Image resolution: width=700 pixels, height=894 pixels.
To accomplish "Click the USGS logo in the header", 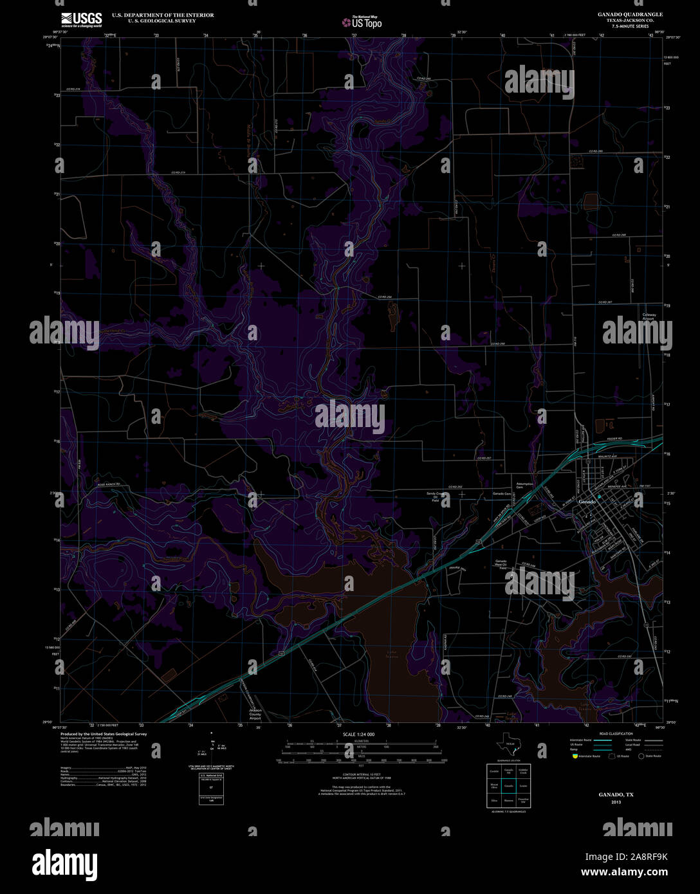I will pos(81,19).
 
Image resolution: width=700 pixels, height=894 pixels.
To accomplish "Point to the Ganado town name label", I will pos(587,501).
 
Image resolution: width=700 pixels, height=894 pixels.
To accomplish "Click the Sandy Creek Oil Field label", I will pos(436,497).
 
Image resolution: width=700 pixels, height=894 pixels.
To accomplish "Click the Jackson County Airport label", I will pos(255,713).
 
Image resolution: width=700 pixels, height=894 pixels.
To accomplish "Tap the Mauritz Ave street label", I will pos(609,457).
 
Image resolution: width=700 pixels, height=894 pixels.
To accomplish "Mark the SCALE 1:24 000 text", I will pos(359,734).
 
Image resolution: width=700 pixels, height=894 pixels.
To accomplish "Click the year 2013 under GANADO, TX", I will pos(616,802).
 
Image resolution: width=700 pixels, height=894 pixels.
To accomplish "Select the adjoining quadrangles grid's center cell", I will pos(508,785).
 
